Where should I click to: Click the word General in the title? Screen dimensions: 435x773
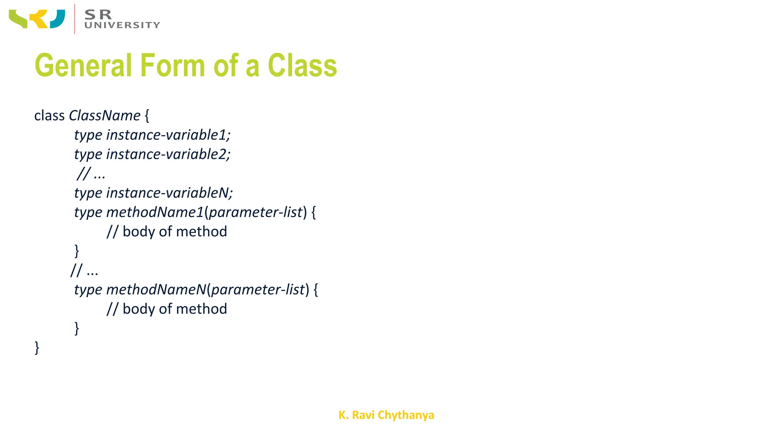83,65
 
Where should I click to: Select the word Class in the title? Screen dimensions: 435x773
302,65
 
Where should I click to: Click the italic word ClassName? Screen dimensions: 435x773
105,116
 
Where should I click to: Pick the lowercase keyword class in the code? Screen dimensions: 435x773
49,116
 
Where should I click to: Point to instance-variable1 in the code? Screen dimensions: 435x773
168,135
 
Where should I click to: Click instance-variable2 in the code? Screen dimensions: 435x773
168,154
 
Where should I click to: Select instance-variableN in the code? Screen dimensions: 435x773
169,193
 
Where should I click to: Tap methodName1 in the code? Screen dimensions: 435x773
155,212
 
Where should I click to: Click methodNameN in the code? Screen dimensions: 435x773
156,290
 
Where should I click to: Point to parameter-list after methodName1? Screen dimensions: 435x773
256,212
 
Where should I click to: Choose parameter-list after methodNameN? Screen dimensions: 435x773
258,290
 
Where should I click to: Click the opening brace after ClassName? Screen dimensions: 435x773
147,116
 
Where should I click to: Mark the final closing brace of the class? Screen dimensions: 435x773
37,347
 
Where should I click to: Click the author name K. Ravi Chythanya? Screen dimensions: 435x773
386,415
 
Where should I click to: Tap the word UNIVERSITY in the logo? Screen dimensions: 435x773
122,25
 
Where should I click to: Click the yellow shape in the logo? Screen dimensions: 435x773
39,19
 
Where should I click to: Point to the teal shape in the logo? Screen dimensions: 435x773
58,19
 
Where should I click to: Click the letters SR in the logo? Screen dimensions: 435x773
98,15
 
